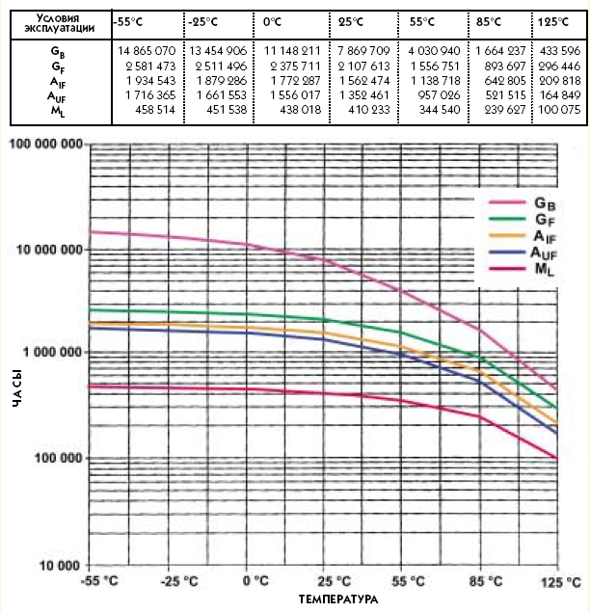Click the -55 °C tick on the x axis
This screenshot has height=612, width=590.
click(x=101, y=582)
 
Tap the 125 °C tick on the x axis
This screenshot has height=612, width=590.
click(x=561, y=582)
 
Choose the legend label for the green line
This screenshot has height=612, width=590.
click(x=545, y=221)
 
